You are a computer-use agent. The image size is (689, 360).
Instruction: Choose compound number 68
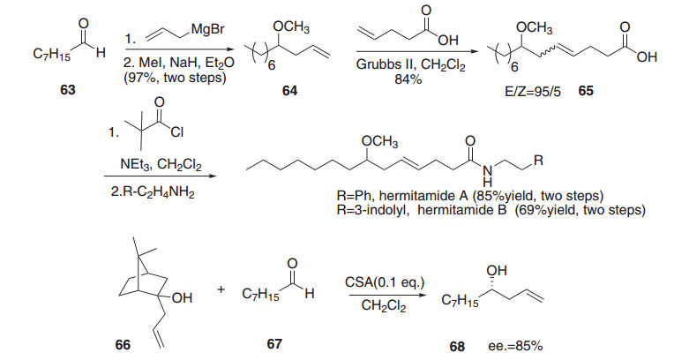457,346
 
